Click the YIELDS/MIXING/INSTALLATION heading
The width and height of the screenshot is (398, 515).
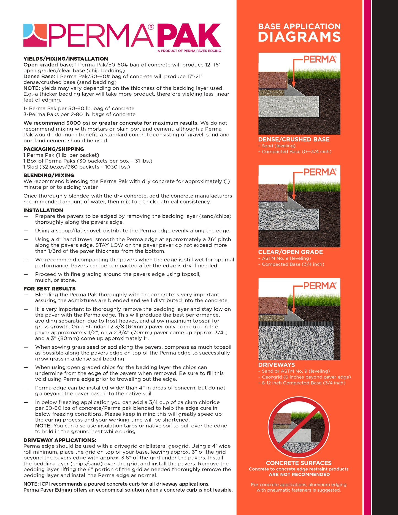click(66, 59)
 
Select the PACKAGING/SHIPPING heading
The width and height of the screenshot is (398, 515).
click(54, 149)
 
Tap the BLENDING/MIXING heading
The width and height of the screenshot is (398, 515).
click(49, 175)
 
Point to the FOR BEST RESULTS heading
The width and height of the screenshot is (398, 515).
click(50, 289)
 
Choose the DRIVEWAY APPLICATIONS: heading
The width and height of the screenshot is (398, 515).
click(60, 440)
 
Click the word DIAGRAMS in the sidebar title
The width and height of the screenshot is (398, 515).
click(299, 37)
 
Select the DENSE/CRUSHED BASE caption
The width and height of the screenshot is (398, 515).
click(294, 139)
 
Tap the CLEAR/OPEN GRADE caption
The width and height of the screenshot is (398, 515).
click(290, 252)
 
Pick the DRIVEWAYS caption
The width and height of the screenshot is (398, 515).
click(277, 365)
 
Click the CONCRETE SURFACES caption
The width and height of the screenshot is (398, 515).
click(299, 463)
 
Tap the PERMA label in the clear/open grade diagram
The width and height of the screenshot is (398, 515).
click(320, 172)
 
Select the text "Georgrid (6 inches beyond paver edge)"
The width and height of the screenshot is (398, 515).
click(306, 377)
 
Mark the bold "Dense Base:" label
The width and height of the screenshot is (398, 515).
click(39, 76)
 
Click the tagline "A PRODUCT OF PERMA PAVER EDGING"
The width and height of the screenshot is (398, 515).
click(189, 51)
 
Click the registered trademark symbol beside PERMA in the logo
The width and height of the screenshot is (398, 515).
click(151, 27)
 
